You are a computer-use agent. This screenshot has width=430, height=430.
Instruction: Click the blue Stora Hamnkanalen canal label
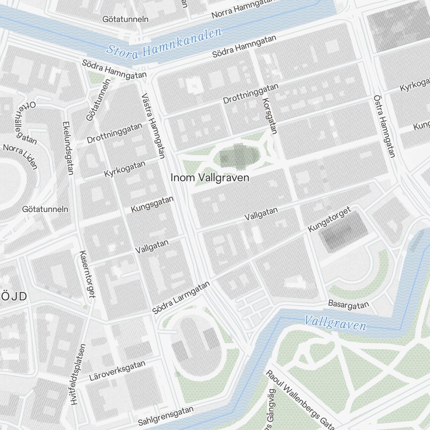164,43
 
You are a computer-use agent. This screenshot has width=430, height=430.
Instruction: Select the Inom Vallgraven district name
210,178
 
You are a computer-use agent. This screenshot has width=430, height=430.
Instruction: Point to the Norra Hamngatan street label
244,9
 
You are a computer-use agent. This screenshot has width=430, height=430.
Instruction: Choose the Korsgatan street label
269,116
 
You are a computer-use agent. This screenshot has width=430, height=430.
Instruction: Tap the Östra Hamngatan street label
384,126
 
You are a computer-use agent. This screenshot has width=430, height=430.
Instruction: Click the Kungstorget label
330,220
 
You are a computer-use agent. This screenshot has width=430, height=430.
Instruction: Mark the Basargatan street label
348,304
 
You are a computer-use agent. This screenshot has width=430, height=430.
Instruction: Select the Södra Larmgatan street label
181,298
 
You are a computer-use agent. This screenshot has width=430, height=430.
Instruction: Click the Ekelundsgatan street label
68,148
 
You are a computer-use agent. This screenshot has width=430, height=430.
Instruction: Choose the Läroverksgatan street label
117,371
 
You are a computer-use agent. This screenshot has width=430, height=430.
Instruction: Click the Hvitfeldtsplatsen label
78,374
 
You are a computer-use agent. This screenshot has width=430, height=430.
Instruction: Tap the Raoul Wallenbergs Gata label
300,399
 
